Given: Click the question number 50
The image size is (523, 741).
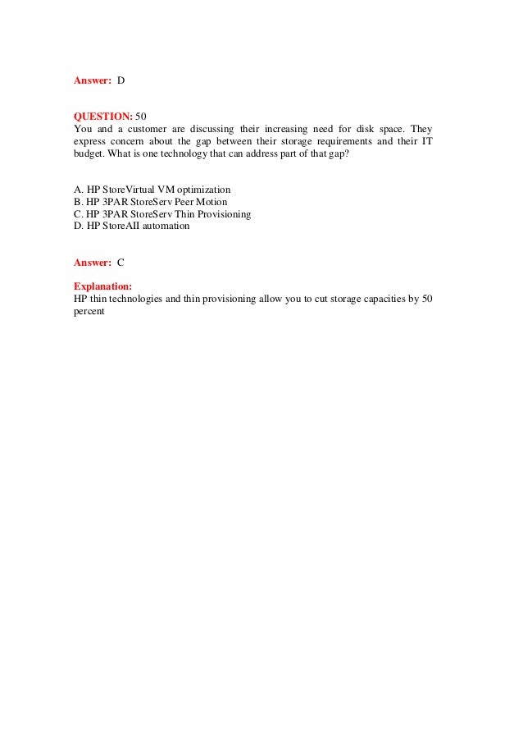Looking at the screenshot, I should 140,117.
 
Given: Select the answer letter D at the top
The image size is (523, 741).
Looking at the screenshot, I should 121,80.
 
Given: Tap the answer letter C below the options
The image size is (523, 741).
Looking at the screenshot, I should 121,262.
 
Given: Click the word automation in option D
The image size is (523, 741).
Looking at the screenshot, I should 165,226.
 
